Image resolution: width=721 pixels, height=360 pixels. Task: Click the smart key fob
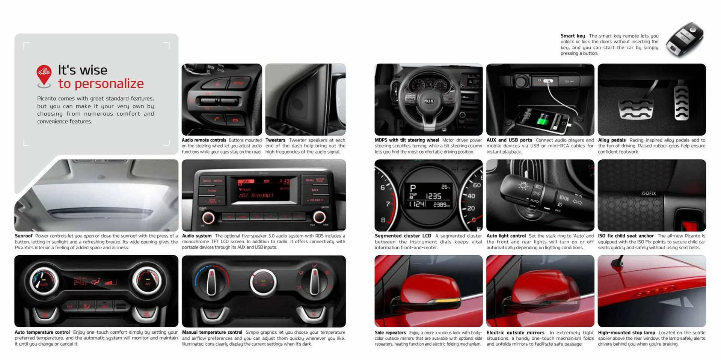(685, 39)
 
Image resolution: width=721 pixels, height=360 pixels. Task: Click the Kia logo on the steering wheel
(429, 101)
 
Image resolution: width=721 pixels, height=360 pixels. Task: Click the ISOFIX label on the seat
(649, 193)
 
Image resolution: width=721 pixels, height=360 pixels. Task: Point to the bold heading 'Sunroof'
(24, 236)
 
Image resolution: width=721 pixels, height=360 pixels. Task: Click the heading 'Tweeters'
(275, 140)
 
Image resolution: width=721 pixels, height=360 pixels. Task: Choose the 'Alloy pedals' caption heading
(612, 140)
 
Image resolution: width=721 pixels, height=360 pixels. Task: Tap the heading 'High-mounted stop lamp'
(626, 333)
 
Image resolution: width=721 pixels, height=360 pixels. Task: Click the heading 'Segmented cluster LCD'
(403, 236)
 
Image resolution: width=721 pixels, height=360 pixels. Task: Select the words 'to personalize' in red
(101, 84)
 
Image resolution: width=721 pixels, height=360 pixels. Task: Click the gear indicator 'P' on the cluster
(413, 188)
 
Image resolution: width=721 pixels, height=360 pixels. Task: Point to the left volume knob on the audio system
(208, 218)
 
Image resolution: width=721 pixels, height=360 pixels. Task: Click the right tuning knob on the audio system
(319, 217)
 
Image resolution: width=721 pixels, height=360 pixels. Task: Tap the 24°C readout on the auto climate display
(80, 283)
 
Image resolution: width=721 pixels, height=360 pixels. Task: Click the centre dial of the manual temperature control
(263, 282)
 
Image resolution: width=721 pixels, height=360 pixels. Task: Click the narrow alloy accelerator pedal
(681, 103)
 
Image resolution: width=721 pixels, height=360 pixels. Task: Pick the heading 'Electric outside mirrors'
(515, 333)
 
